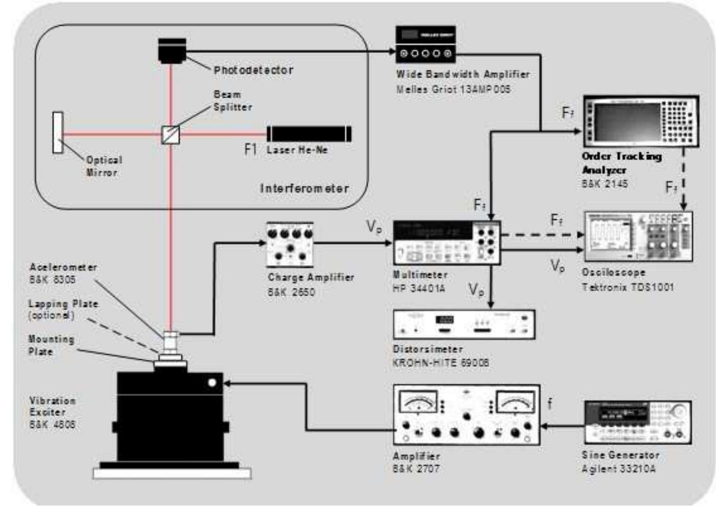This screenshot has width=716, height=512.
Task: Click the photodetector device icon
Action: (172, 51)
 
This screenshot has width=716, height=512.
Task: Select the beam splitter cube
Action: (171, 135)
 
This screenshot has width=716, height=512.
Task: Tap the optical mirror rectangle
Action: (58, 133)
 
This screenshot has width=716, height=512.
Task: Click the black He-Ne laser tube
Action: (309, 134)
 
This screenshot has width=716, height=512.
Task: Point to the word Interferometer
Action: (305, 188)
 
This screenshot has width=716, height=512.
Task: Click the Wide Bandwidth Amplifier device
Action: (426, 44)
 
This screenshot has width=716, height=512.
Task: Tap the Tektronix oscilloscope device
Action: (639, 237)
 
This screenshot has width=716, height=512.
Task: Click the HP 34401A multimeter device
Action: (447, 242)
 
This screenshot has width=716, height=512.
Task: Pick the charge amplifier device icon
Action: (290, 244)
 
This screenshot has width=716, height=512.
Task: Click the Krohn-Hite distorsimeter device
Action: (464, 324)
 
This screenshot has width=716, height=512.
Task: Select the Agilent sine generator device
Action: (638, 422)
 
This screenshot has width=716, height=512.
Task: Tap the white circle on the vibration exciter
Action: (212, 383)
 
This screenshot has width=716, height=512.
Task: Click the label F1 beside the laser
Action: (250, 149)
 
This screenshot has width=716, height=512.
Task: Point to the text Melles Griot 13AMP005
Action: (453, 89)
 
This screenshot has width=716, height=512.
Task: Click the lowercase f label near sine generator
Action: (550, 403)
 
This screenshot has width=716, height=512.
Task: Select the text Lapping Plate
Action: (63, 304)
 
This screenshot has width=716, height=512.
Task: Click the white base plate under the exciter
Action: (172, 473)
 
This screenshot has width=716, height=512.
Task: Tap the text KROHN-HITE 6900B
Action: (440, 362)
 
